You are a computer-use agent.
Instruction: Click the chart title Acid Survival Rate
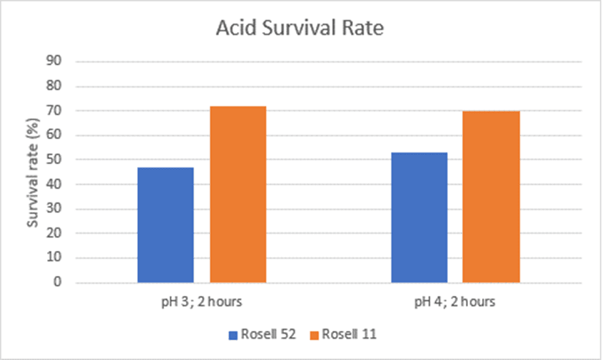coord(300,29)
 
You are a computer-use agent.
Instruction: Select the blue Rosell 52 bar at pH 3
coord(165,225)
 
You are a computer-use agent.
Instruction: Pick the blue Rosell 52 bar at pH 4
coord(419,217)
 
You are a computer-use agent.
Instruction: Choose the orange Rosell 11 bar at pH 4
coord(491,197)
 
